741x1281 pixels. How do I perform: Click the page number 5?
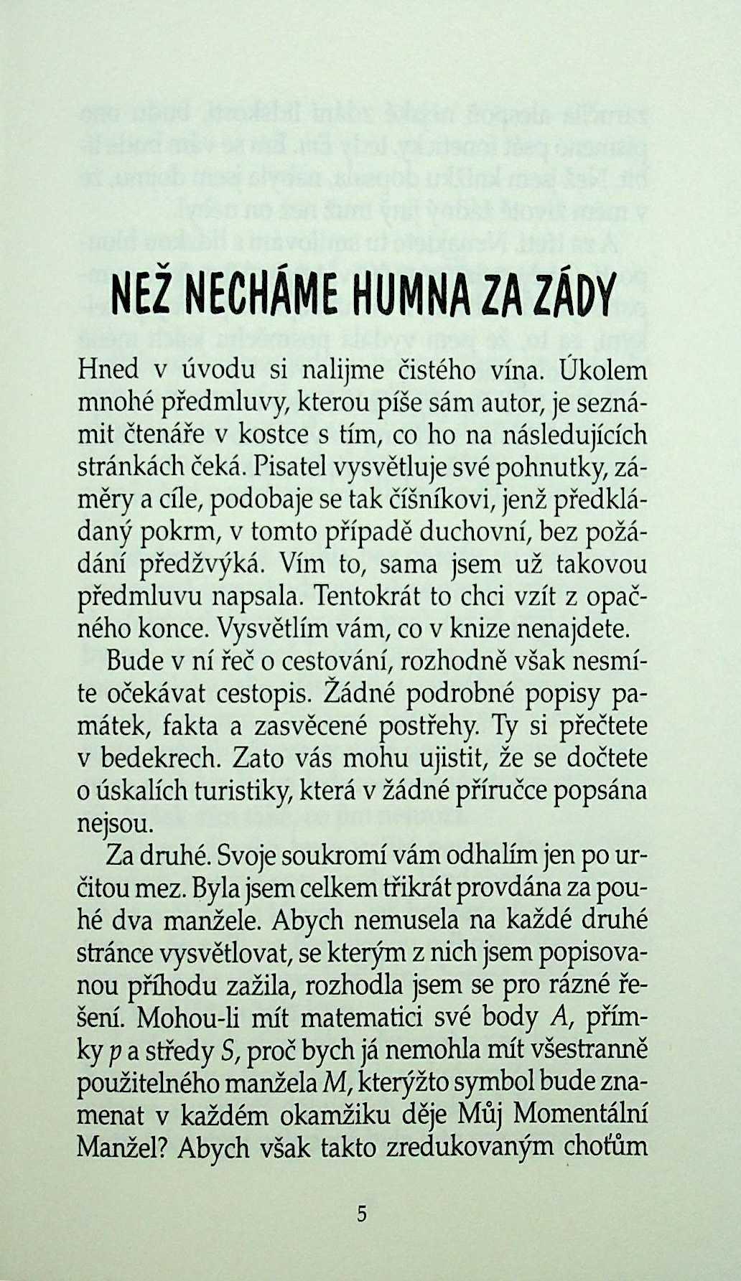361,1214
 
